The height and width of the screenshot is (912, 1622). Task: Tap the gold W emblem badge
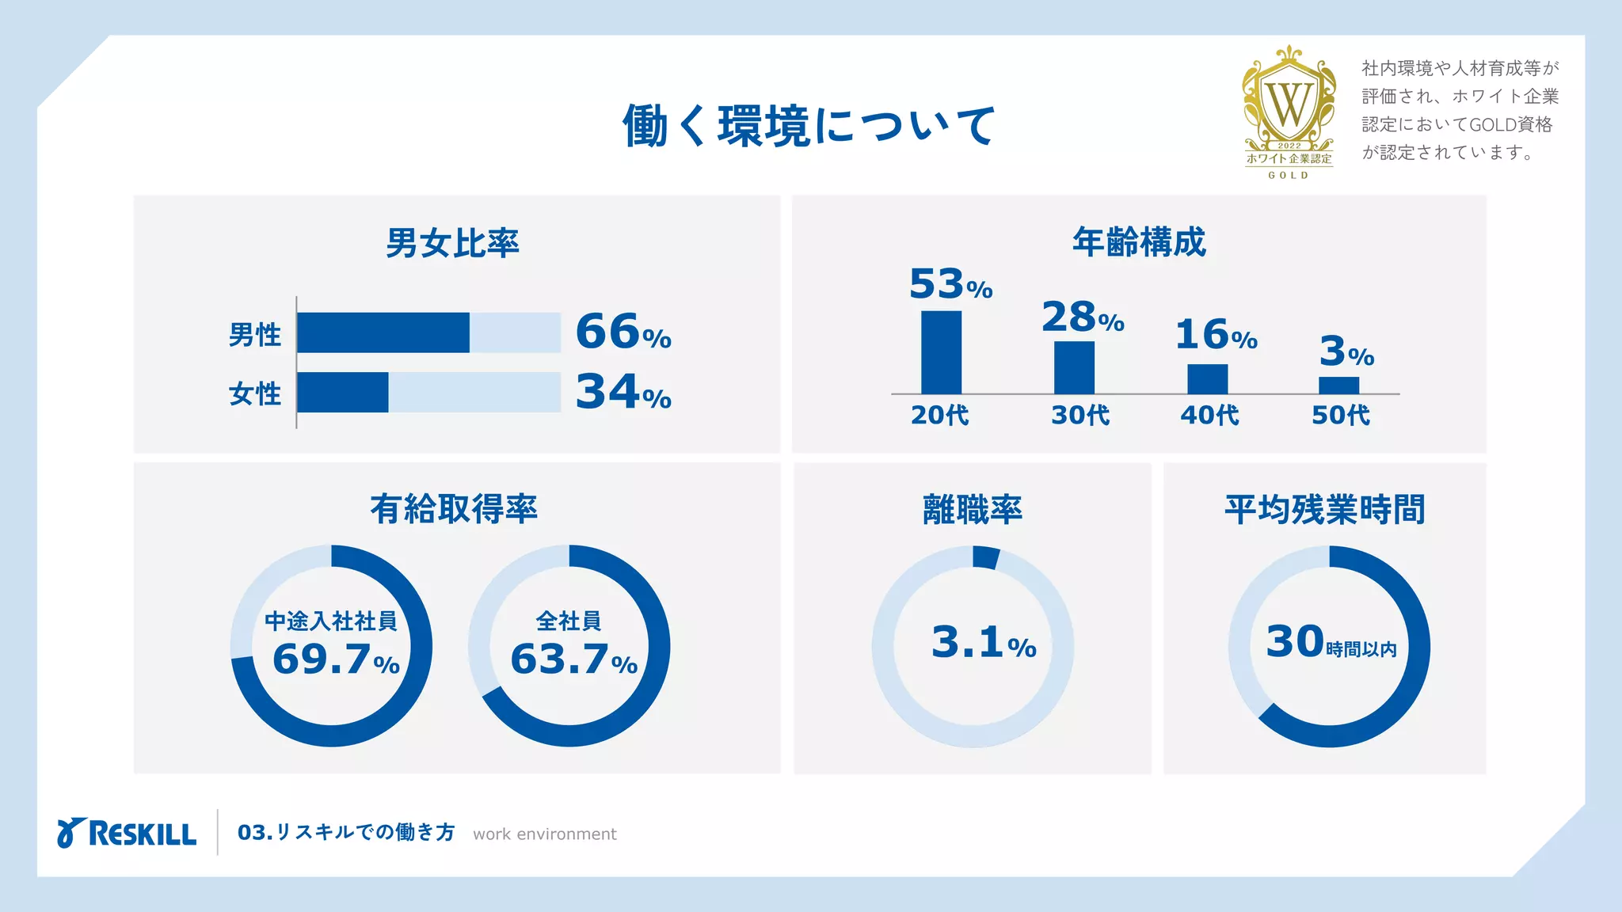(x=1289, y=103)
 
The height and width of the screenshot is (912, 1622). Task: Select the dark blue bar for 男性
(x=383, y=332)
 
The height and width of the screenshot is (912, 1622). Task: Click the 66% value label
(x=623, y=332)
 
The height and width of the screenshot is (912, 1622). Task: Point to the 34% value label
(x=623, y=392)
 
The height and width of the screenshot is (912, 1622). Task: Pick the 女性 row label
(x=254, y=393)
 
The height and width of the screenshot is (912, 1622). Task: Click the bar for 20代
(x=941, y=352)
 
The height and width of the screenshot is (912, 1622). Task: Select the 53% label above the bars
(x=950, y=284)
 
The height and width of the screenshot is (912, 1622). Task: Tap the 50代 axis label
(x=1340, y=415)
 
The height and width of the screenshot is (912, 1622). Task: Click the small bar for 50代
(x=1338, y=386)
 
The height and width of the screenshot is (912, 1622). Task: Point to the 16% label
(x=1216, y=335)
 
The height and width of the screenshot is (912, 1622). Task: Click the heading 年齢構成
(x=1139, y=242)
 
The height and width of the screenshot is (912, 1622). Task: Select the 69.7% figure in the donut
(x=336, y=659)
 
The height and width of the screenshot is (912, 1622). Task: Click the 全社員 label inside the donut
(x=569, y=621)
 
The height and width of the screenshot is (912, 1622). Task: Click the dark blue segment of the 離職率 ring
(x=985, y=557)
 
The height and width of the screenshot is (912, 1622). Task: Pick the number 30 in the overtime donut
(x=1295, y=641)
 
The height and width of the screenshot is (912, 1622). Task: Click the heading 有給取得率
(x=454, y=509)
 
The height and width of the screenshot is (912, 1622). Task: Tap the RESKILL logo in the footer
(x=127, y=834)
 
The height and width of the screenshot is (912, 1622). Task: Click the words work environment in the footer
(x=545, y=834)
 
